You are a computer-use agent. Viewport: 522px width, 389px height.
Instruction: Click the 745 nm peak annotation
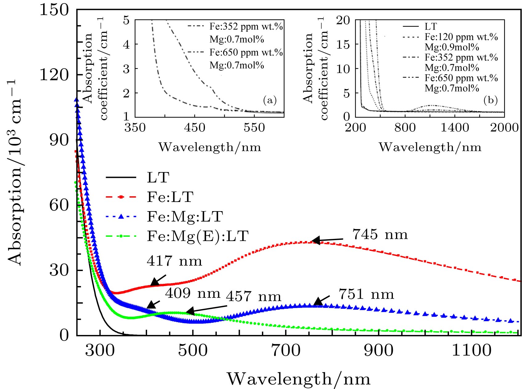380,235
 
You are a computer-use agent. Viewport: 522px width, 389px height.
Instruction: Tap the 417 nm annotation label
174,261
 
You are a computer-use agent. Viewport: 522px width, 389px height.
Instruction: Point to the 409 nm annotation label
193,293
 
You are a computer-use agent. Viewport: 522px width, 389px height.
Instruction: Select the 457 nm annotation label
254,297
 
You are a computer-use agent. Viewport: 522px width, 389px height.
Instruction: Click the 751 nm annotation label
366,294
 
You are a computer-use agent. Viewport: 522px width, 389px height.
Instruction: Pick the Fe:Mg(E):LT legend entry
198,236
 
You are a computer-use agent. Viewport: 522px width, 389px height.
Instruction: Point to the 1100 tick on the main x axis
471,350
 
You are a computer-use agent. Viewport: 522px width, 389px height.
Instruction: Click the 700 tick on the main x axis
286,350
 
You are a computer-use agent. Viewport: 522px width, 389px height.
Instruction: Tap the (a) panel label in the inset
270,100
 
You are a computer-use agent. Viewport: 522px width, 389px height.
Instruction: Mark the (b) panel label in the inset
491,100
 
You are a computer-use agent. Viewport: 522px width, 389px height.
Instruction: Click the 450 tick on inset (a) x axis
194,127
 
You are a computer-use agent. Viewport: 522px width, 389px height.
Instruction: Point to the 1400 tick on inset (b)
455,127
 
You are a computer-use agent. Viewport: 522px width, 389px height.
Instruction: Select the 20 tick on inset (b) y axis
343,21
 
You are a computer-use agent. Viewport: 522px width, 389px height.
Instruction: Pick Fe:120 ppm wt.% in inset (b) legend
461,37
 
